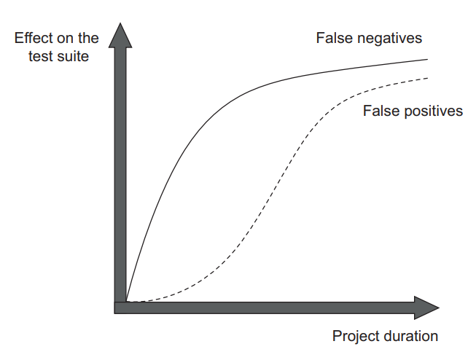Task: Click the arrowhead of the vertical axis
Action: [120, 35]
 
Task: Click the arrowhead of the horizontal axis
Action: [427, 308]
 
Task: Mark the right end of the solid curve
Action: [427, 60]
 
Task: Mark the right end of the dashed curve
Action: [427, 78]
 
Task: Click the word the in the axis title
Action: [88, 38]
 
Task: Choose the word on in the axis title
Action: [64, 39]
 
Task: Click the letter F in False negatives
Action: [320, 38]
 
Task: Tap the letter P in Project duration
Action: [337, 337]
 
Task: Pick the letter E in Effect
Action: [19, 38]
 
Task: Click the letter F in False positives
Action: [367, 111]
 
